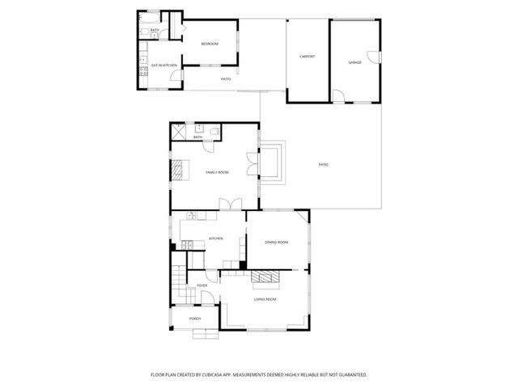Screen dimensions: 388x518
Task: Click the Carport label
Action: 307,57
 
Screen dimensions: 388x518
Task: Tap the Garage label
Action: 355,62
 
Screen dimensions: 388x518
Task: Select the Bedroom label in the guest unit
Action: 210,44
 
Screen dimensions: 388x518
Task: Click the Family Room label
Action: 217,172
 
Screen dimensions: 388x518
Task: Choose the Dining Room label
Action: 277,242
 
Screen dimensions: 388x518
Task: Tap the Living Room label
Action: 265,300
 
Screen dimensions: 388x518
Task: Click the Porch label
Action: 195,319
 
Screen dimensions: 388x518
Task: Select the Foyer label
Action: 202,285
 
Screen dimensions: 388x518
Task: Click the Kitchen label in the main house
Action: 216,238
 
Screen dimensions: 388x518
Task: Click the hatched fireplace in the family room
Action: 176,169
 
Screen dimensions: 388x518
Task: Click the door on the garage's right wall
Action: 373,56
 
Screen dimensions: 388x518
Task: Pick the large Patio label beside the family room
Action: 323,165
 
